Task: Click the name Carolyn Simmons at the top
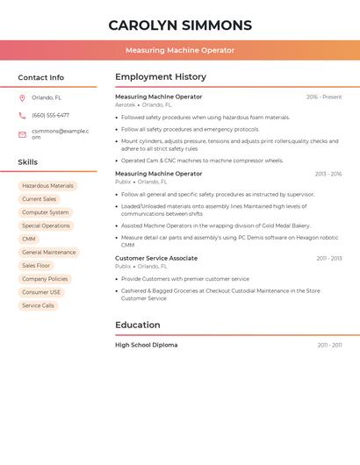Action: [x=180, y=25]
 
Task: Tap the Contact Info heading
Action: [x=40, y=77]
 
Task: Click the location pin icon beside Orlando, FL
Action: [x=22, y=98]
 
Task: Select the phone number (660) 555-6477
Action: [x=50, y=115]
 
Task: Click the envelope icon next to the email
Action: [x=22, y=134]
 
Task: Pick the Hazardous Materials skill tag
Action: [x=47, y=186]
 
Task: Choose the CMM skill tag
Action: [x=29, y=239]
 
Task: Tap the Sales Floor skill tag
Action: [x=36, y=265]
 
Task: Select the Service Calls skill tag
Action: [x=38, y=305]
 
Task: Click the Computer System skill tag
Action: [x=45, y=212]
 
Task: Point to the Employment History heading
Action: [x=160, y=76]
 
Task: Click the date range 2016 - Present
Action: [x=324, y=97]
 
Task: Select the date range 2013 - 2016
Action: [x=328, y=174]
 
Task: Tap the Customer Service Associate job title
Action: [x=156, y=258]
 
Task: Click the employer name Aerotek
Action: [x=126, y=105]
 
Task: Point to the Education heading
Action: [x=137, y=325]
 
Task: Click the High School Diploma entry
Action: [x=146, y=345]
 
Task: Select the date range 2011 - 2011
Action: [x=329, y=345]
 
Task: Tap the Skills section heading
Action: [x=27, y=162]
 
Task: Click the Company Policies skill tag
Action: [x=45, y=279]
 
